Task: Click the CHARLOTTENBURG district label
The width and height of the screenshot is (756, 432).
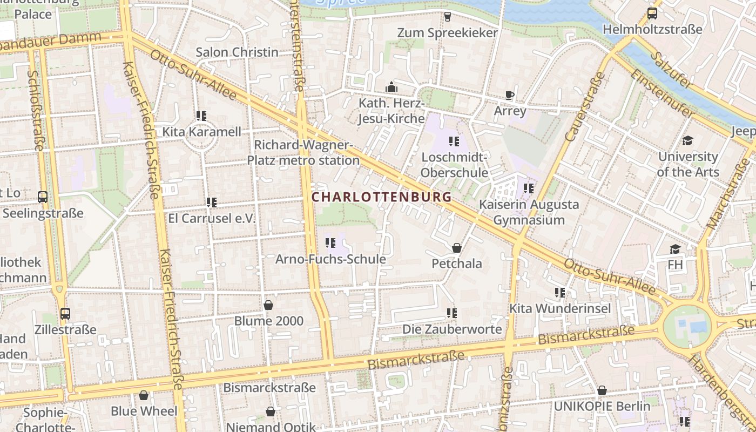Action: pos(381,197)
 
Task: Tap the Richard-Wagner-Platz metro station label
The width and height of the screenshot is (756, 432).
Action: pos(303,153)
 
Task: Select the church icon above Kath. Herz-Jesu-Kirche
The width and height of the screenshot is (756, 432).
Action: pos(391,87)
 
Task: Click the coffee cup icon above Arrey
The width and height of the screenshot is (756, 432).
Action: pos(509,96)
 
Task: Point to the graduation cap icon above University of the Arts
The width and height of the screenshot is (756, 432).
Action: pos(687,141)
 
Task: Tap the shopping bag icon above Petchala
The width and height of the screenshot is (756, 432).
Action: pos(457,248)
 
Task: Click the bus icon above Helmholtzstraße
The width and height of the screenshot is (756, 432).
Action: pos(652,13)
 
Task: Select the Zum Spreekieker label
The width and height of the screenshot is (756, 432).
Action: pos(447,33)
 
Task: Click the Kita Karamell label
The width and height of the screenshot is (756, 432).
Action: pos(202,132)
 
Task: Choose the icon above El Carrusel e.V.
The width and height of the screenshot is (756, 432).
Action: pos(211,202)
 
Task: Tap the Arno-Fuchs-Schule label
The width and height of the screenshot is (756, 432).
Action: pos(330,259)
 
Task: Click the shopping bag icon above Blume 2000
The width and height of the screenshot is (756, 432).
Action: pos(268,305)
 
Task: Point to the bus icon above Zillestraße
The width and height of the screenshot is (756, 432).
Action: pos(65,313)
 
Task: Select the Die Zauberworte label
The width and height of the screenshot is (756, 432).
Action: pos(452,329)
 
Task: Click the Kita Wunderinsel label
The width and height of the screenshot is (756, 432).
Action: pos(561,308)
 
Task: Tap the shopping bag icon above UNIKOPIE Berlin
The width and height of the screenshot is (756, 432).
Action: pos(602,390)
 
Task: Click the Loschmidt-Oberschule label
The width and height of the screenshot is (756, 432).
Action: pos(454,165)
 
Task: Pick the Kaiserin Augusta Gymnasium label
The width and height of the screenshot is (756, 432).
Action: pos(529,212)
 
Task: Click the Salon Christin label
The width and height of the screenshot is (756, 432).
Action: pos(237,52)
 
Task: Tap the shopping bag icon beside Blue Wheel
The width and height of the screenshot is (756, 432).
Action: pos(144,396)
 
